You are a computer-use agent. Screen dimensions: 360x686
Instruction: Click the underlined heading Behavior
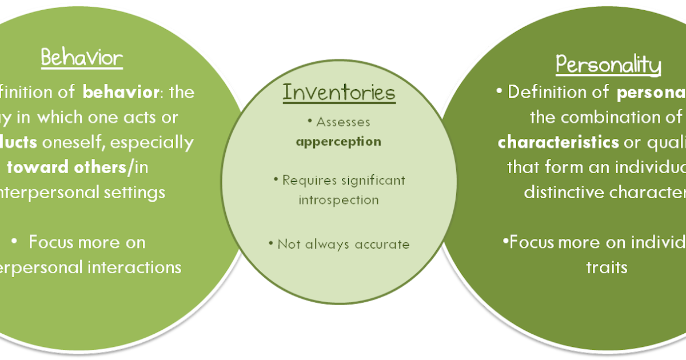point(82,58)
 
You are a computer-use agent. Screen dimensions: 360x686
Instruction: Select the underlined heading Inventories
point(339,93)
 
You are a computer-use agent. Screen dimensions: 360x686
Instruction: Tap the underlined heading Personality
point(609,65)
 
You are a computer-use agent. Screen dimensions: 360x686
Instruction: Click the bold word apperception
point(339,141)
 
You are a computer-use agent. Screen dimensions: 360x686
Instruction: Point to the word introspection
point(339,200)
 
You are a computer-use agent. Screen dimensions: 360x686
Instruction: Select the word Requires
point(307,181)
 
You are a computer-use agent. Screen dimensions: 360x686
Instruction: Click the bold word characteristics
point(558,142)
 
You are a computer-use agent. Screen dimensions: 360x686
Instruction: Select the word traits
point(607,267)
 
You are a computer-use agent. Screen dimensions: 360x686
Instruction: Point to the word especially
point(159,142)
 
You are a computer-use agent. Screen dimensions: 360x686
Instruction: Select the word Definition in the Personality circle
point(543,92)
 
